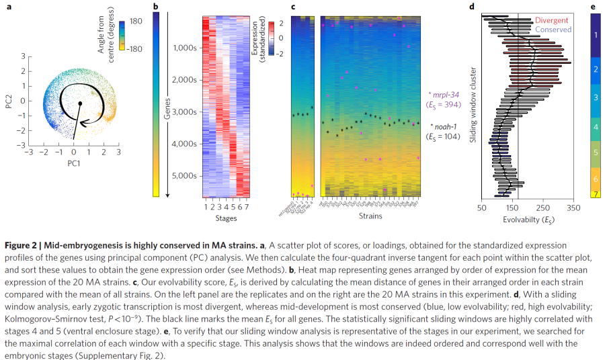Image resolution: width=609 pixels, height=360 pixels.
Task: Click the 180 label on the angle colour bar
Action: point(136,22)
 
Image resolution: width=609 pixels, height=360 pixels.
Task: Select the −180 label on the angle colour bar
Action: point(138,48)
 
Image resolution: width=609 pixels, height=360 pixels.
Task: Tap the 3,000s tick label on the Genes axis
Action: point(184,111)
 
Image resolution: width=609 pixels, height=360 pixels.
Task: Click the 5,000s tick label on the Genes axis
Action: point(184,176)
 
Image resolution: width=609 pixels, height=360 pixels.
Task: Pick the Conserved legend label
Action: point(553,30)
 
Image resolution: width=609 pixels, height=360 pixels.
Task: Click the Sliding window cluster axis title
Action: point(473,103)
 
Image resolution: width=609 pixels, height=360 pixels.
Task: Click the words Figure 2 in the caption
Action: point(23,245)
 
